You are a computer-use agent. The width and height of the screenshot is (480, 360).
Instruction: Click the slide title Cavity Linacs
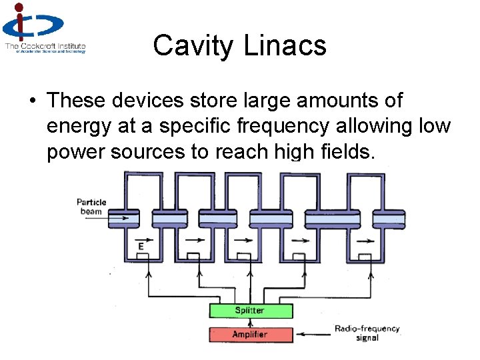[239, 46]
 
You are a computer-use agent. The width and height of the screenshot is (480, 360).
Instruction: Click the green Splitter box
[250, 311]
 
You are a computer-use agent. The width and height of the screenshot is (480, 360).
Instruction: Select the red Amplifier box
[250, 334]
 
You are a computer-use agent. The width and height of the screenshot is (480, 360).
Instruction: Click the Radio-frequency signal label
[366, 333]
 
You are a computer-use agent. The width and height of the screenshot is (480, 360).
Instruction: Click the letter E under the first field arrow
[141, 247]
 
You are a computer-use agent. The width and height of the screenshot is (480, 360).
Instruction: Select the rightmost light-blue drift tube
[389, 218]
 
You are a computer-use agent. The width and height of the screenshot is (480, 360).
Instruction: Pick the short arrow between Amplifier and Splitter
[250, 323]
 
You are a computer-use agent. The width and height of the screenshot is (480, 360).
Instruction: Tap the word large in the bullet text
[273, 101]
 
